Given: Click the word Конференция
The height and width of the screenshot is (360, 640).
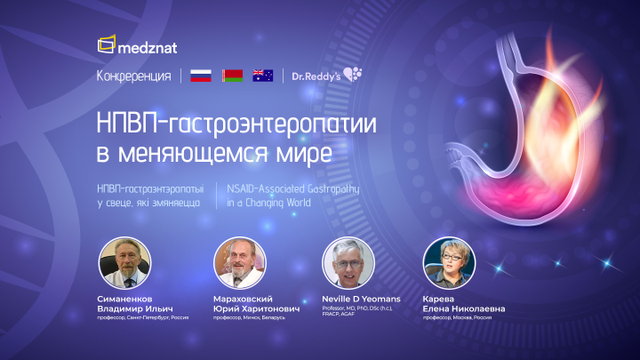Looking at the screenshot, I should click(x=133, y=76).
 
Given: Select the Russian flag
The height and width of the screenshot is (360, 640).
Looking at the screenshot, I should click(x=202, y=76).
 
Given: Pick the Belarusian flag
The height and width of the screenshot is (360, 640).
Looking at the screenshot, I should click(x=232, y=76).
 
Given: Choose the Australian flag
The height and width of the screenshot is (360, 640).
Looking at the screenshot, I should click(x=262, y=76).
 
